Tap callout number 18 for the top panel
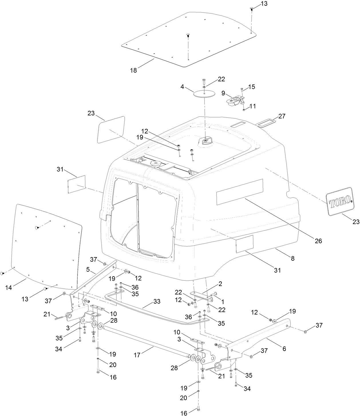tap(134, 70)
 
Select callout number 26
tap(318, 241)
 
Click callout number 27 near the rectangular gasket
tap(282, 116)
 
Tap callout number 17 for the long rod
tap(137, 355)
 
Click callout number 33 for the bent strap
tap(157, 301)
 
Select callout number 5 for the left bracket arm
tap(88, 269)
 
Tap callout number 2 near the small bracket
tap(220, 284)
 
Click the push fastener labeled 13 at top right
tap(252, 9)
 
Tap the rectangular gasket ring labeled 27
tap(266, 123)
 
